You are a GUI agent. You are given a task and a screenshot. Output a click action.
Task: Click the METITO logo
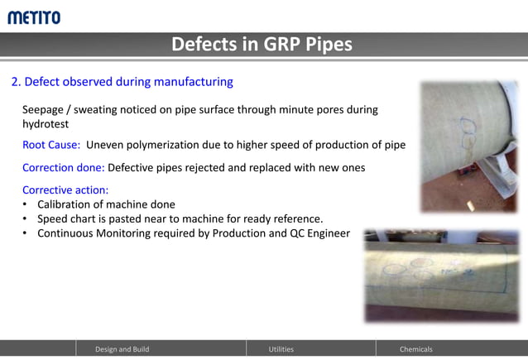(x=34, y=17)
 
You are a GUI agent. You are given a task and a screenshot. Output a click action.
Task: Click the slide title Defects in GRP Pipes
(x=262, y=45)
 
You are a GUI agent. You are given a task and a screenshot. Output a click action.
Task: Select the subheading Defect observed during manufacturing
(x=122, y=82)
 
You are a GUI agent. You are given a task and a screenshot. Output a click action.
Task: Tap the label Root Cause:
(x=51, y=145)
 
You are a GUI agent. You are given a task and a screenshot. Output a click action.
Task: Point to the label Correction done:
(x=63, y=167)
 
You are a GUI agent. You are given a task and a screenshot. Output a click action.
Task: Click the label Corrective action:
(x=65, y=190)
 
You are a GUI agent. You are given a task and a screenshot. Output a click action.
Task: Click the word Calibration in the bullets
(x=68, y=204)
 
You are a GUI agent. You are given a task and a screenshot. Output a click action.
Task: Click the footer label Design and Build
(x=122, y=349)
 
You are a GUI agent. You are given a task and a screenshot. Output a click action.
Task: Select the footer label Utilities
(x=281, y=349)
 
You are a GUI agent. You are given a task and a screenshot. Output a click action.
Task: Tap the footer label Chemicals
(x=415, y=349)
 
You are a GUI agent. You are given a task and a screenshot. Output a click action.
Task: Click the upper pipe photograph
(x=468, y=146)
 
